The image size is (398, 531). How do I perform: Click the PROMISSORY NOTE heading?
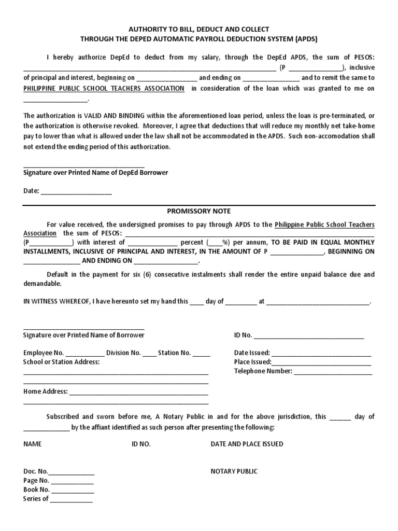coord(199,211)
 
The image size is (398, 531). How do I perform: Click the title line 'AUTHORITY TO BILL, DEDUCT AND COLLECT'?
coord(199,30)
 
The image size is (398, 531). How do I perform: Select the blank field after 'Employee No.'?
coord(84,354)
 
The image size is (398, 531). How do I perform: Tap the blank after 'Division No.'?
coord(149,354)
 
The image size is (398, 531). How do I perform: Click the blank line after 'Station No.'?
coord(202,354)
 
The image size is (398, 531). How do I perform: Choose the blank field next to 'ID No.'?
coord(309,336)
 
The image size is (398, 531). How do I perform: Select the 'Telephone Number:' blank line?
coord(333,372)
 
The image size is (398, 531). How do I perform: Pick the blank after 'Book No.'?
coord(73,490)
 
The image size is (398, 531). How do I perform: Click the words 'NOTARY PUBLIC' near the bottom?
coord(234,471)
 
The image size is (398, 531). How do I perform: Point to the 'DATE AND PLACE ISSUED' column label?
coord(247,444)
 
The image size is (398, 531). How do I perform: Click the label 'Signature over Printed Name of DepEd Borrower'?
coord(96,172)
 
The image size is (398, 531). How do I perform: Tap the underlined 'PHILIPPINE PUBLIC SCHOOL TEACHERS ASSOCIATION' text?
coord(104,89)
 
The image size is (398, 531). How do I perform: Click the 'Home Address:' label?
coord(46,392)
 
